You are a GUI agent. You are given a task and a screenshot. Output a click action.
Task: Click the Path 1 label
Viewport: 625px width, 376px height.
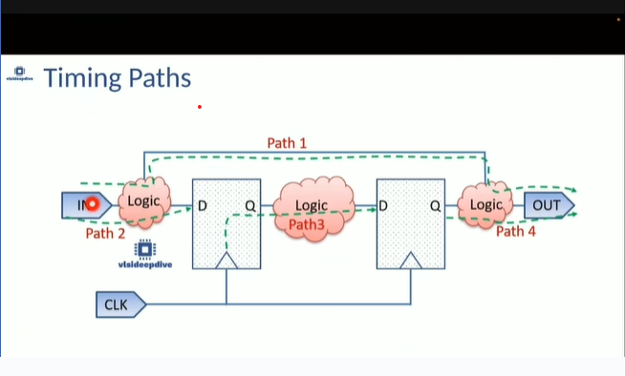click(x=287, y=142)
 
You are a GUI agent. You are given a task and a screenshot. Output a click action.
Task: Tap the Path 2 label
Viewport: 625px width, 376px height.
click(x=105, y=232)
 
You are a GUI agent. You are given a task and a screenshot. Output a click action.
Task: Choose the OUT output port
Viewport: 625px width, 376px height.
click(x=549, y=204)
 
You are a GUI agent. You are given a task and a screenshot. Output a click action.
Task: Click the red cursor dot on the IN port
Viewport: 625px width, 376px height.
click(x=93, y=203)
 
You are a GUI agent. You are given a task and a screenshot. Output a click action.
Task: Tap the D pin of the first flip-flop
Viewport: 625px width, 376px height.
click(x=203, y=205)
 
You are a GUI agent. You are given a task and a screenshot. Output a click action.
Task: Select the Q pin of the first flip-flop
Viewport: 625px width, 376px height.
click(x=250, y=205)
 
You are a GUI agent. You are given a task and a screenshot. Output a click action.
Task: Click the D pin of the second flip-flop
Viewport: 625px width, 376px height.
click(x=383, y=205)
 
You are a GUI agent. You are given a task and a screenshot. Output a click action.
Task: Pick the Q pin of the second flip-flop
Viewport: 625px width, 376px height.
click(x=434, y=205)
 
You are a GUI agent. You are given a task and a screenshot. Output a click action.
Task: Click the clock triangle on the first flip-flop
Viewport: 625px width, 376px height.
click(x=226, y=261)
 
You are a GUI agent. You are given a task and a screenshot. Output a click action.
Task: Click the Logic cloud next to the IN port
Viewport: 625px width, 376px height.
click(x=144, y=202)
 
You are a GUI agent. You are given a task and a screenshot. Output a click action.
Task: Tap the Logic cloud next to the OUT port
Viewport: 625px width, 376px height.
click(x=485, y=204)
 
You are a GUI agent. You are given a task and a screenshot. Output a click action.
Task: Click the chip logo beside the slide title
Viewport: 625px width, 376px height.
click(x=20, y=73)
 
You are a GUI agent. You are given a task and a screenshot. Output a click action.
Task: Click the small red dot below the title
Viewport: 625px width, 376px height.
click(x=200, y=106)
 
